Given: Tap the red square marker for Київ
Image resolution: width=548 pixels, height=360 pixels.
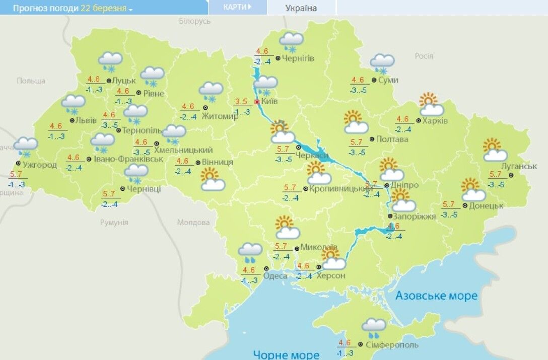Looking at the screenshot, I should (257, 102).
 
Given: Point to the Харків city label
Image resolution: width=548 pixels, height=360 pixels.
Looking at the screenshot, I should (436, 121).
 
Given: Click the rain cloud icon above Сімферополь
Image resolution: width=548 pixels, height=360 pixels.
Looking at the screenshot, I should (373, 328).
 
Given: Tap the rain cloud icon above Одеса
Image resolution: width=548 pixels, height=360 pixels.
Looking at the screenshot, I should (250, 253).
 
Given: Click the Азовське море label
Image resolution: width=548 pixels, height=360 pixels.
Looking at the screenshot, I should (436, 296).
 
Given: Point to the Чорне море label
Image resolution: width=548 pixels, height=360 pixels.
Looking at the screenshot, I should (286, 354).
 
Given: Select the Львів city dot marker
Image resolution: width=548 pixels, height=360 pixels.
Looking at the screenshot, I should (72, 120).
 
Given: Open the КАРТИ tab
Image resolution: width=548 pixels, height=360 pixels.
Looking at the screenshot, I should (237, 7).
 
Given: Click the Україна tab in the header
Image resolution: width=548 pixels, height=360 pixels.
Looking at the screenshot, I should (301, 8).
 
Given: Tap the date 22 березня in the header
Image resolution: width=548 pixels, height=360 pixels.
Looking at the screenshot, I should (103, 9).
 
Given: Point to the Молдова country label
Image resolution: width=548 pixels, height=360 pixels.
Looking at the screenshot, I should (193, 223).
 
